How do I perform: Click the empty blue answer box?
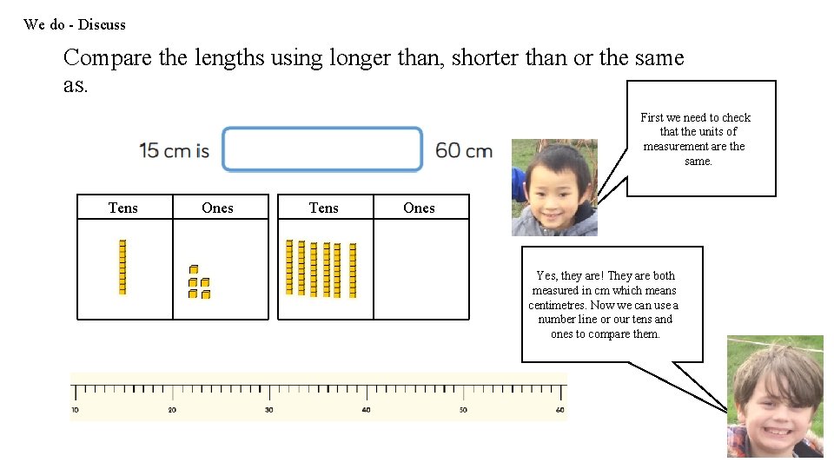click(322, 149)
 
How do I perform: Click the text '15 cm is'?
click(174, 150)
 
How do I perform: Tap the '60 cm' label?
click(464, 150)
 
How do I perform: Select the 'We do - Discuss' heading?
click(75, 24)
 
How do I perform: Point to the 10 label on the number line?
click(75, 410)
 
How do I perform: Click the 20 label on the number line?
click(172, 410)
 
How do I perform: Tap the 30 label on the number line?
click(268, 410)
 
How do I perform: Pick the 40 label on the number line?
click(366, 410)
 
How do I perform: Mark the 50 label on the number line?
click(463, 410)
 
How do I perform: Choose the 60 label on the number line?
click(559, 410)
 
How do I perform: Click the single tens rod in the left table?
click(122, 267)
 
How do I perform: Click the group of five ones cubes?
click(199, 282)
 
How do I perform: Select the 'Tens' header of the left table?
click(123, 208)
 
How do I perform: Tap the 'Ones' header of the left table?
click(217, 208)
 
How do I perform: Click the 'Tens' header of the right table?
click(324, 208)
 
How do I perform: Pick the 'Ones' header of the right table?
click(419, 208)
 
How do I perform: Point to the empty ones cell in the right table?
click(420, 269)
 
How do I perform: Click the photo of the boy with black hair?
click(554, 188)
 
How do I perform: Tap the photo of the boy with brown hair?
click(775, 397)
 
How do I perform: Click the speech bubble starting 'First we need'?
click(700, 138)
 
